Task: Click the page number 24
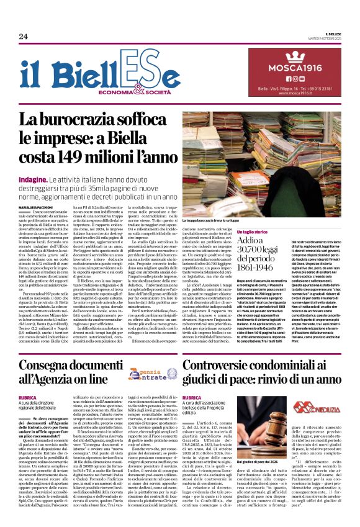(x=23, y=36)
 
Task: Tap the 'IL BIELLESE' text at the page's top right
(x=333, y=35)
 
